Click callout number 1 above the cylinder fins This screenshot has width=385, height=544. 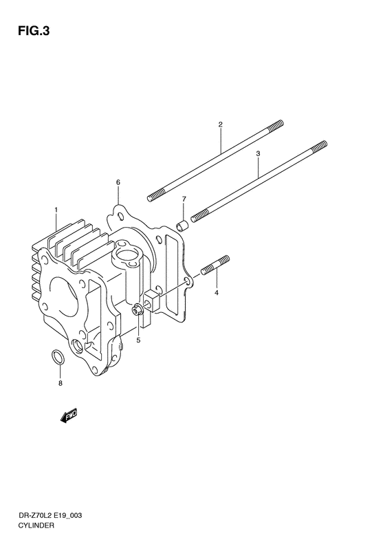point(56,208)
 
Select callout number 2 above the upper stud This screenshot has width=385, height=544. point(220,124)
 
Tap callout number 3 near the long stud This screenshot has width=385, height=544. point(258,155)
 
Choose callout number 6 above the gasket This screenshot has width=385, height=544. point(118,182)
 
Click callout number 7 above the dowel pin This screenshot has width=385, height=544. point(184,199)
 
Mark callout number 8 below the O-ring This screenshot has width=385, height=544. point(60,383)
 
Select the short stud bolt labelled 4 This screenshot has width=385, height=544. point(215,265)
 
